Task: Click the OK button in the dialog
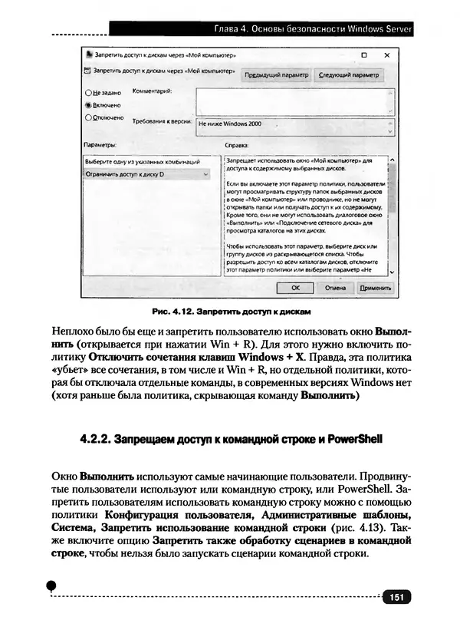296,288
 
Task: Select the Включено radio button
88,104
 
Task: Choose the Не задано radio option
88,92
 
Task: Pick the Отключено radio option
88,117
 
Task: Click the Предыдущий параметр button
275,75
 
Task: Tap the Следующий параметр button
349,75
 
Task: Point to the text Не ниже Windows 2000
230,123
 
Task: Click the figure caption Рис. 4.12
175,312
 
